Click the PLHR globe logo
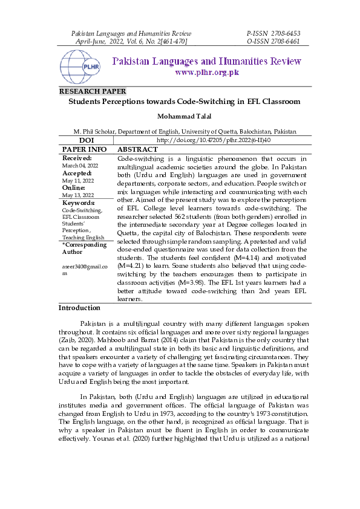click(x=82, y=66)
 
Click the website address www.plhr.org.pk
click(x=207, y=73)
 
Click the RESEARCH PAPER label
click(x=92, y=91)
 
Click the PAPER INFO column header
click(x=85, y=149)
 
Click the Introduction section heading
click(x=79, y=308)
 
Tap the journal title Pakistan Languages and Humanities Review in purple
click(x=207, y=62)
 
